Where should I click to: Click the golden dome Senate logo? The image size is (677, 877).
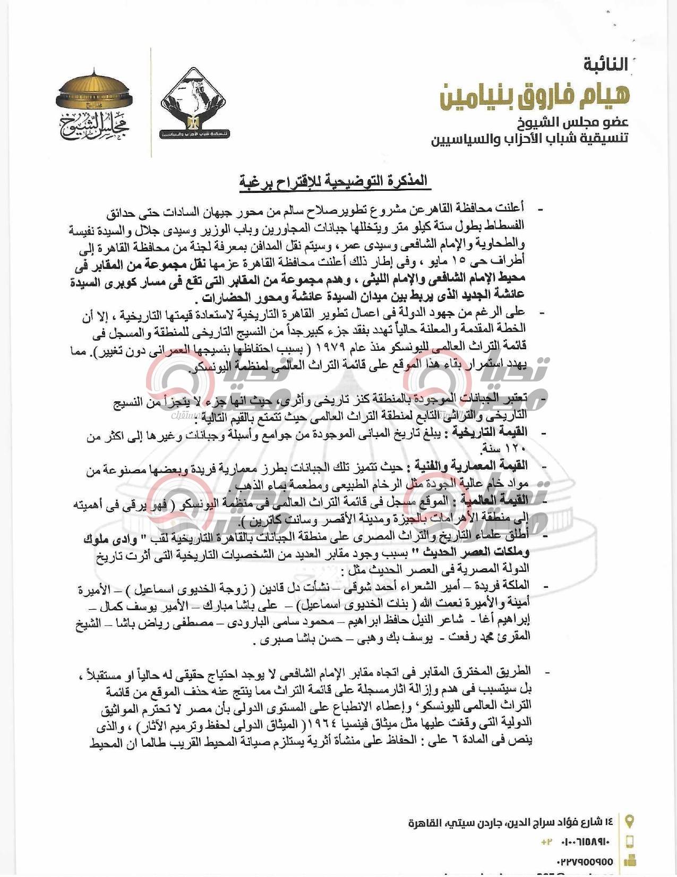(x=95, y=104)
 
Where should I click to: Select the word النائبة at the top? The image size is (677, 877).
(x=605, y=65)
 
